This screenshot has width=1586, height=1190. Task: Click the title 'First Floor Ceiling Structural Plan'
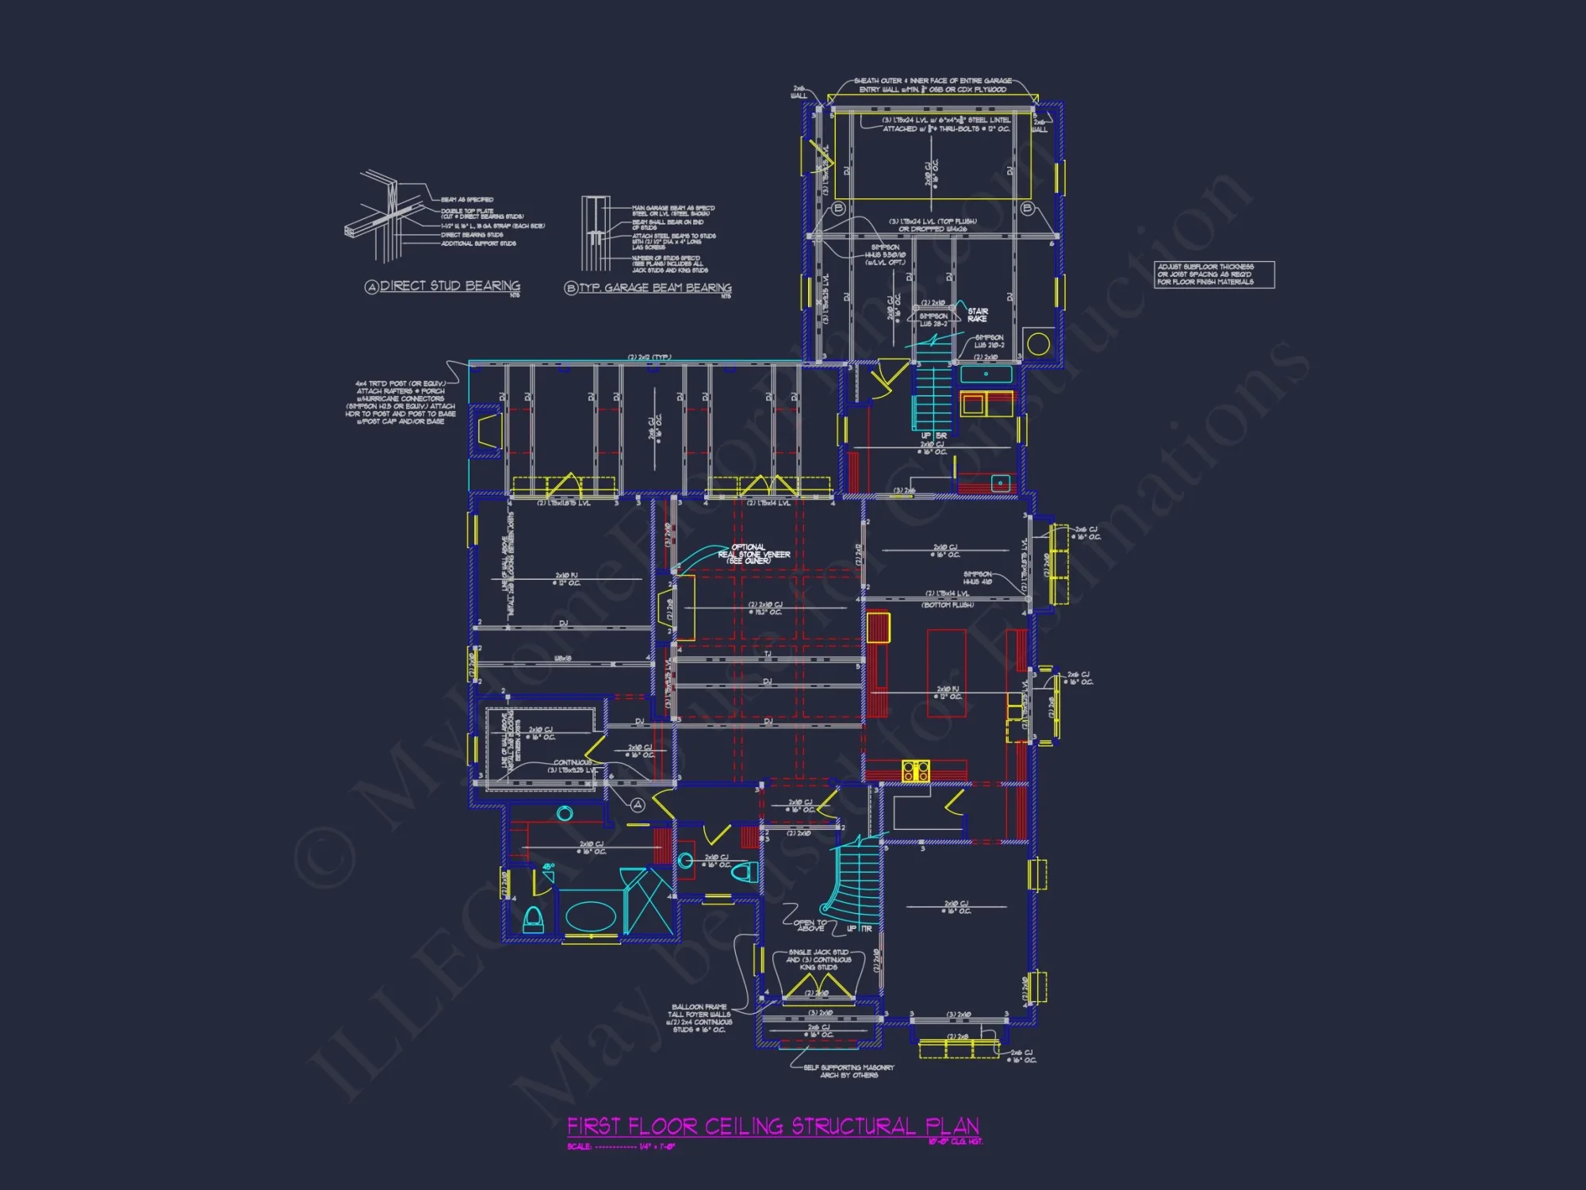(x=773, y=1127)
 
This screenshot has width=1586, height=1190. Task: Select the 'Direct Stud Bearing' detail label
(x=450, y=286)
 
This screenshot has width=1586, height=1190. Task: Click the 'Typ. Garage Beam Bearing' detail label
(x=654, y=288)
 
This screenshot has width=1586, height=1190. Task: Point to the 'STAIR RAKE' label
(x=978, y=315)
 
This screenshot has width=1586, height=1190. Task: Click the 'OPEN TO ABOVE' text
(x=810, y=925)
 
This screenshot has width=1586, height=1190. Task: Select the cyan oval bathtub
(x=591, y=917)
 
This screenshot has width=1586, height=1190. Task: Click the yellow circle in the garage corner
(x=1038, y=344)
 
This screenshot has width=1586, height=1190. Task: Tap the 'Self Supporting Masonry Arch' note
(x=849, y=1071)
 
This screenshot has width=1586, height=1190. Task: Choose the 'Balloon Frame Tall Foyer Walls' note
(x=699, y=1018)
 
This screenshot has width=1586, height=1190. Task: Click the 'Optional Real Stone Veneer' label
(x=753, y=554)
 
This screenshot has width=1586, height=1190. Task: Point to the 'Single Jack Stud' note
(x=818, y=959)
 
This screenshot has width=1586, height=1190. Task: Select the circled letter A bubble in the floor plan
(x=638, y=804)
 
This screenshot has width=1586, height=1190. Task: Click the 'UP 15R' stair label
(x=933, y=436)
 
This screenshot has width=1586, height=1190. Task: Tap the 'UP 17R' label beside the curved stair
(x=859, y=928)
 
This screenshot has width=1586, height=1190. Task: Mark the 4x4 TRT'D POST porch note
(x=400, y=402)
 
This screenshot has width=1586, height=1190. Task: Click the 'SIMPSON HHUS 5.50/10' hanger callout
(x=885, y=255)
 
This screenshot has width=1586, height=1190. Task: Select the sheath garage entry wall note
(x=933, y=85)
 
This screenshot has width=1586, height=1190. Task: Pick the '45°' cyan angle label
(x=549, y=866)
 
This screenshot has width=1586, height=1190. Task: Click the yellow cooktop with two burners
(x=915, y=770)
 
